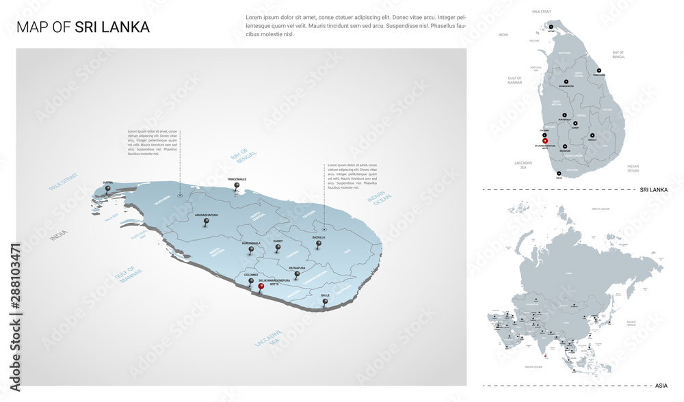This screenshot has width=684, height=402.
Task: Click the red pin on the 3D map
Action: click(261, 288)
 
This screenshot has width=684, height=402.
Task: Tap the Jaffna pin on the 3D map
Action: click(108, 190)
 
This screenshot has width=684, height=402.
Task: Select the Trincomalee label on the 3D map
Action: click(236, 179)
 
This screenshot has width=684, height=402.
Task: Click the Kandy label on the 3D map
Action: click(278, 241)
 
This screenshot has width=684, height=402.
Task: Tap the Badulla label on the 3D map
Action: click(318, 237)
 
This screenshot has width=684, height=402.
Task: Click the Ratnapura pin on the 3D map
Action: click(297, 275)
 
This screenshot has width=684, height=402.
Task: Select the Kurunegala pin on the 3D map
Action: click(251, 250)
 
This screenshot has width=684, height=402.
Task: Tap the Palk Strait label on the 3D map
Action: click(64, 182)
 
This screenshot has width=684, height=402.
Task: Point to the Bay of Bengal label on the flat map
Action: click(619, 54)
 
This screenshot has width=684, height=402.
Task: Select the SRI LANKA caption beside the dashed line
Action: click(653, 189)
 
